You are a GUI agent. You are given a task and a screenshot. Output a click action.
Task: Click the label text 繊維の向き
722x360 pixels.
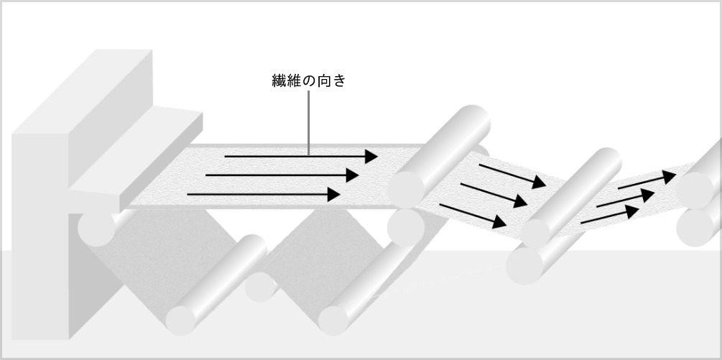(308, 81)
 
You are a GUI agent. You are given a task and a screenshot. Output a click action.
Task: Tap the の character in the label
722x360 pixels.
(310, 81)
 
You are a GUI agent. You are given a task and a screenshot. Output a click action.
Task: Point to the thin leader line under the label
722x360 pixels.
(308, 122)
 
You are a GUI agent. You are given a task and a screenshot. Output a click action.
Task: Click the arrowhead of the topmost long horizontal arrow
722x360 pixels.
(371, 157)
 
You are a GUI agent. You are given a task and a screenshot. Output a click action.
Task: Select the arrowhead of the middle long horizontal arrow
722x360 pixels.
(352, 175)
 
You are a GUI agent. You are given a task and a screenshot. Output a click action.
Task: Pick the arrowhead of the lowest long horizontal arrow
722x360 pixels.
(334, 194)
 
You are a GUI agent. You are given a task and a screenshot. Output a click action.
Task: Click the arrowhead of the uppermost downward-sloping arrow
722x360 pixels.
(540, 183)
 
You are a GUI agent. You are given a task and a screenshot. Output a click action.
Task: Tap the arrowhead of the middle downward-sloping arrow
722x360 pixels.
(520, 201)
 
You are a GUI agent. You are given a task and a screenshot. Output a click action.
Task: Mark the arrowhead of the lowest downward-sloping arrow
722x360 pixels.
(499, 222)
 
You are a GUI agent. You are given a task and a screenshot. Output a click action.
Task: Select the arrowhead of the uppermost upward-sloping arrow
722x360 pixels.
(670, 177)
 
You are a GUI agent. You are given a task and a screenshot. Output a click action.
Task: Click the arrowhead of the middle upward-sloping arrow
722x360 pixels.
(648, 195)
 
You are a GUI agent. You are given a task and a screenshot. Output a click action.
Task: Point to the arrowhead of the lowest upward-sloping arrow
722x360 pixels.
(632, 211)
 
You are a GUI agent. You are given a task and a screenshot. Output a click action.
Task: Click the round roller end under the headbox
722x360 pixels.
(96, 228)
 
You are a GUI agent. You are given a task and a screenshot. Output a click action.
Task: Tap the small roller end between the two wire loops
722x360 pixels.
(260, 287)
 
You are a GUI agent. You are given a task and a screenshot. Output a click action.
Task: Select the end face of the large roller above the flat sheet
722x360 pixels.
(406, 189)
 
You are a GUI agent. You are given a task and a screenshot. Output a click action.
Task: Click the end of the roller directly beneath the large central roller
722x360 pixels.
(406, 227)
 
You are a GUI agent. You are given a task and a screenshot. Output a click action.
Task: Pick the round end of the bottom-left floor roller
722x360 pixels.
(181, 320)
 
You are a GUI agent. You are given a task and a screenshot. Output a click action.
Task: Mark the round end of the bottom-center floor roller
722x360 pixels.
(333, 320)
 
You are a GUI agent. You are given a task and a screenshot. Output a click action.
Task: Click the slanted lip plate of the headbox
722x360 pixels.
(136, 157)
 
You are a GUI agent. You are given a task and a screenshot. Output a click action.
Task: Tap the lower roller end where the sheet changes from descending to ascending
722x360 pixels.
(524, 266)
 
